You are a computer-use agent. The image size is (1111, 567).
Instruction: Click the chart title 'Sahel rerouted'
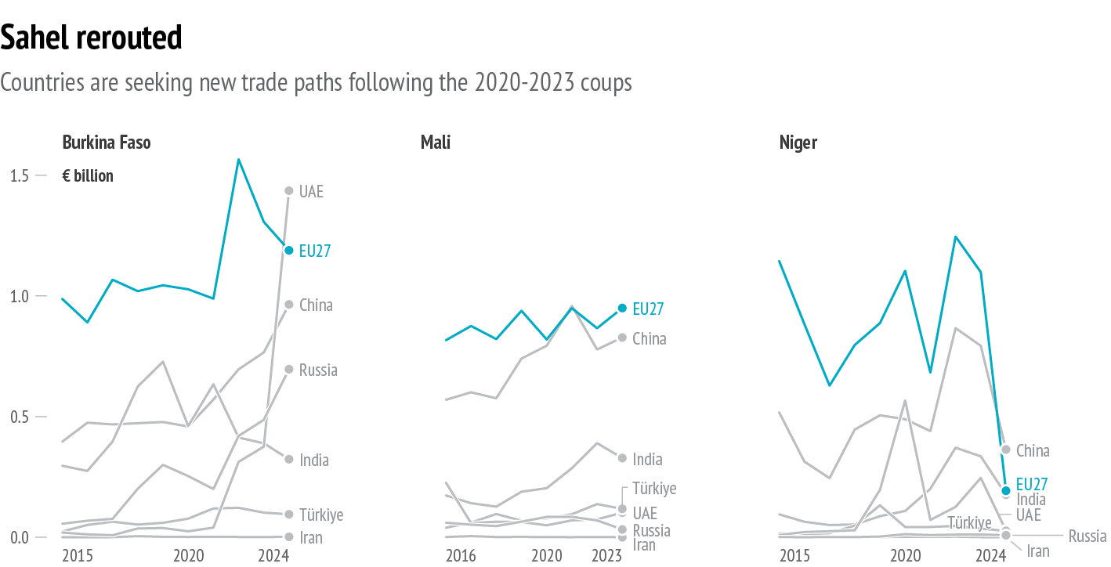pos(92,38)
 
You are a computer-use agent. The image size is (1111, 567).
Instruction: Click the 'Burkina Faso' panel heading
pos(107,143)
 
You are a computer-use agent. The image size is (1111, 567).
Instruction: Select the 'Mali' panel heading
pos(435,143)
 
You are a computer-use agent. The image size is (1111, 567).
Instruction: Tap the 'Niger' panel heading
pos(798,143)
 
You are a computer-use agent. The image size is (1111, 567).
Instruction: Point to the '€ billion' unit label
pos(88,176)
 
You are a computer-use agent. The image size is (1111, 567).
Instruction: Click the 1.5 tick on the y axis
pos(20,176)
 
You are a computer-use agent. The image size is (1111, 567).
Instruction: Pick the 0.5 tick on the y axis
pos(20,417)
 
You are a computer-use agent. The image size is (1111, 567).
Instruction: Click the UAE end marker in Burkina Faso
pos(288,191)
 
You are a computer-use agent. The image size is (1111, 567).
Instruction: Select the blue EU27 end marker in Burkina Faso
pos(288,251)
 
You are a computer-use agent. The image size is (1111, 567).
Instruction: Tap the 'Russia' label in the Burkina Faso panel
pos(318,370)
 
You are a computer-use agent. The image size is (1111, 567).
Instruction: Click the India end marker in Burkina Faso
pos(288,460)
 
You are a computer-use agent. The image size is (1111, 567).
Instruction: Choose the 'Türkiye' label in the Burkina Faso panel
pos(321,515)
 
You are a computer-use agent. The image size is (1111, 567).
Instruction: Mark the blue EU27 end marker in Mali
pos(622,309)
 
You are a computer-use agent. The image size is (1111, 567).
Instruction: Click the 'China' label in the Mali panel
pos(650,339)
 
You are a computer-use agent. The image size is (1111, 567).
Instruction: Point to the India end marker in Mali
pos(622,458)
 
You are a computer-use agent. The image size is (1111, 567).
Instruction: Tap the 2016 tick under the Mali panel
pos(461,556)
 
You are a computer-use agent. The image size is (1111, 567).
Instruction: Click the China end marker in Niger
pos(1006,450)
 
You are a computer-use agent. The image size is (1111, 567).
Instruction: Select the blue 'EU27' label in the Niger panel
pos(1031,485)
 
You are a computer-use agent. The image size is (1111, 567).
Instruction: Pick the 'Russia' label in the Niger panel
pos(1087,536)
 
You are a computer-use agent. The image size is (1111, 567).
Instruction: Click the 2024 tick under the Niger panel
pos(990,556)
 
